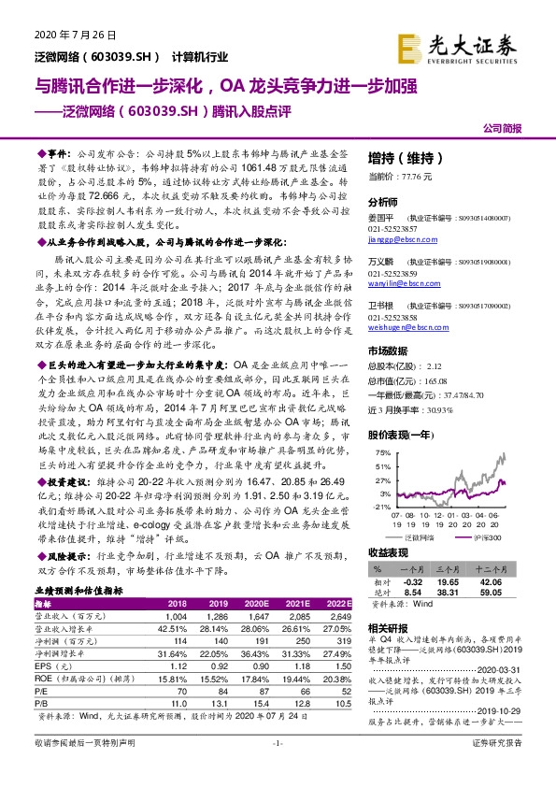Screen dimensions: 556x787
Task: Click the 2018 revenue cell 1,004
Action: tap(177, 617)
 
